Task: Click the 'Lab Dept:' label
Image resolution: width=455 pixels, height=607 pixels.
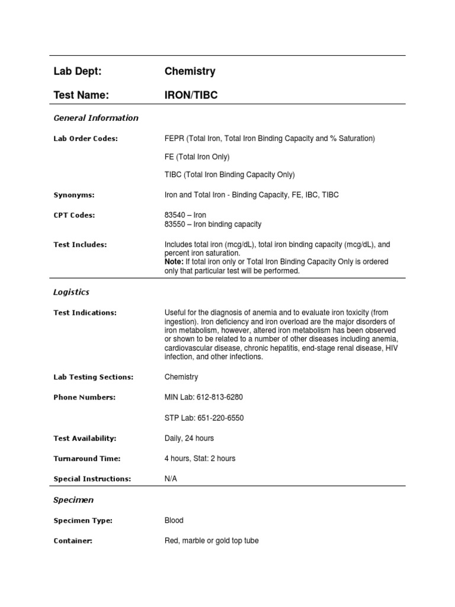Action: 78,72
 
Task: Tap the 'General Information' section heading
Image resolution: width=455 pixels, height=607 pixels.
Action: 96,118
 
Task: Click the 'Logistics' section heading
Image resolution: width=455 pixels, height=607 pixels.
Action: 71,292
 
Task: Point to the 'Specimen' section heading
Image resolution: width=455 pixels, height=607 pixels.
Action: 73,500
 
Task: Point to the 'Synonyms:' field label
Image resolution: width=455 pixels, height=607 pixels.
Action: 74,195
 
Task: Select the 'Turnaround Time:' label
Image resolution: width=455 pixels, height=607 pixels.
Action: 87,459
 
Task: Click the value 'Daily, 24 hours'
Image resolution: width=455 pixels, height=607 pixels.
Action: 189,438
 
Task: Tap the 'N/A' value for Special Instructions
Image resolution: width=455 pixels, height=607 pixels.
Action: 171,479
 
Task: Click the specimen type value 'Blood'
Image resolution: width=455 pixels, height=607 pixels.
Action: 174,520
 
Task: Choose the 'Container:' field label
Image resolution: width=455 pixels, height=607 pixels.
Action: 73,541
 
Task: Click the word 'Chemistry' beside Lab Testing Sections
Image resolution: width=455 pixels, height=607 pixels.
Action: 181,377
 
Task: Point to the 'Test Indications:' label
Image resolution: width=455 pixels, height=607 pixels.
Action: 85,313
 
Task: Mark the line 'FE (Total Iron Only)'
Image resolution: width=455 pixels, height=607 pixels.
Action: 197,157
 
